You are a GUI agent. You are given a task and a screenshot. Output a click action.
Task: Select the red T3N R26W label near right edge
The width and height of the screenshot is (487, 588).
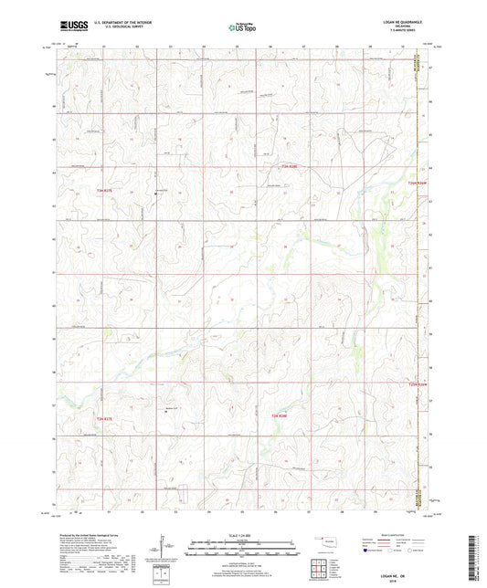pos(417,182)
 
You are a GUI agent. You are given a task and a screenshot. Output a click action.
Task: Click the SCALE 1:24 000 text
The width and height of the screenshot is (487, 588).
pos(242,535)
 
